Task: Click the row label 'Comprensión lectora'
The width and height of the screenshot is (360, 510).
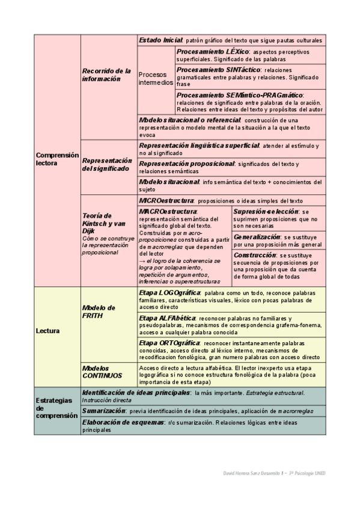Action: (x=57, y=159)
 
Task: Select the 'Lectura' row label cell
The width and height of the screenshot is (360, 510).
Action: (x=47, y=330)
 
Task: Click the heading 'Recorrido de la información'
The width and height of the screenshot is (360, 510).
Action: (x=106, y=75)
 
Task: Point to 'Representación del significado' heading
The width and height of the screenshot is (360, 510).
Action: (x=106, y=165)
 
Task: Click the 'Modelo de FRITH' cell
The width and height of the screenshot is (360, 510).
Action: (x=98, y=312)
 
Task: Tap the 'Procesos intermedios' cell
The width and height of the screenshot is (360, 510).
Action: (x=156, y=78)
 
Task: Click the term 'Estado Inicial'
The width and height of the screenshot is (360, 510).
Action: (x=160, y=40)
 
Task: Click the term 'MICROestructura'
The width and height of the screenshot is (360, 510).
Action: (x=166, y=200)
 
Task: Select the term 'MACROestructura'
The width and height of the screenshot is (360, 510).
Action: (x=168, y=211)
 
